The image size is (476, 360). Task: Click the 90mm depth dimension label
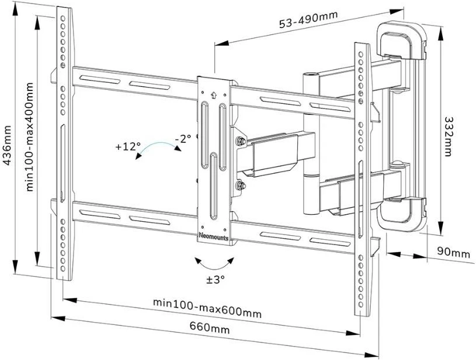click(x=453, y=253)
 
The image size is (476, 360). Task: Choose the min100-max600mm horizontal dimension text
click(x=207, y=307)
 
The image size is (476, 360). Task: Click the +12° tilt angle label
click(x=127, y=145)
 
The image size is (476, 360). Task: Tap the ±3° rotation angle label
click(x=216, y=279)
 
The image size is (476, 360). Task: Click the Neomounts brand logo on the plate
click(x=214, y=236)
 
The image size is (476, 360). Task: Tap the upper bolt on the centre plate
click(x=239, y=141)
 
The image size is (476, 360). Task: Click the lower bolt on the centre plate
click(x=239, y=186)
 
